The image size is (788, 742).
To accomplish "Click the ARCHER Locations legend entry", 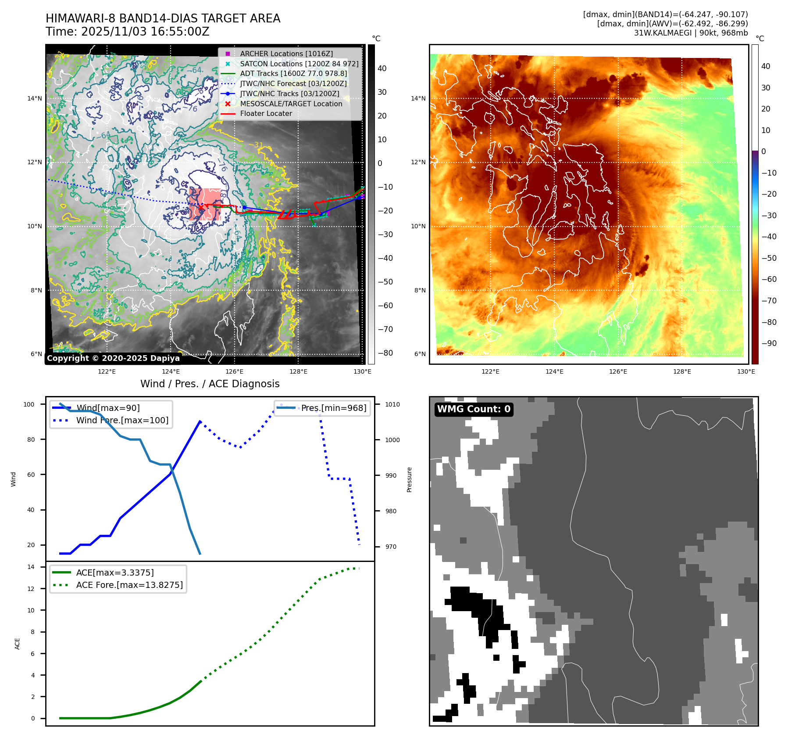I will (x=286, y=54).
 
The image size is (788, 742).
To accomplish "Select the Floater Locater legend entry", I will (x=266, y=113).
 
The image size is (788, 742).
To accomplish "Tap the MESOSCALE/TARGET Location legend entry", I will (x=291, y=104).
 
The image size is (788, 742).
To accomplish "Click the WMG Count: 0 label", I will (x=474, y=409).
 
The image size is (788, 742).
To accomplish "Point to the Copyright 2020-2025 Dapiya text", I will (x=113, y=358).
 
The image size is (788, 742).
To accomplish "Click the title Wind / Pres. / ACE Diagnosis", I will (x=210, y=384).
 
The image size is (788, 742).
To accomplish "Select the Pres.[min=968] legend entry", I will (x=333, y=408).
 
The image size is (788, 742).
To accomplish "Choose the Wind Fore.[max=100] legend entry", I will (x=122, y=420).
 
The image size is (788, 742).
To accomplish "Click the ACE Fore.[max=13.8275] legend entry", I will (x=129, y=585).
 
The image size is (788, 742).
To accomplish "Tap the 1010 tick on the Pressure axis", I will (x=392, y=404).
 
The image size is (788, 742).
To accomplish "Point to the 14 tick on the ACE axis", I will (x=31, y=567).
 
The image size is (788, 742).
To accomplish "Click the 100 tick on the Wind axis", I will (x=29, y=404).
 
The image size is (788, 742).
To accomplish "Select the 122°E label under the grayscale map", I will (x=107, y=371).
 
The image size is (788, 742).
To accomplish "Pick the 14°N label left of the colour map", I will (x=418, y=98).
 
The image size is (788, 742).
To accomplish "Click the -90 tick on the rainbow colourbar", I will (x=769, y=343).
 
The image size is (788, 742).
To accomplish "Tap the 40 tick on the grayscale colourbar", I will (x=382, y=68).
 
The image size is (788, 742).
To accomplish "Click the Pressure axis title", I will (x=409, y=479).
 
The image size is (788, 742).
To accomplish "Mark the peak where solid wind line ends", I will (x=200, y=421).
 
